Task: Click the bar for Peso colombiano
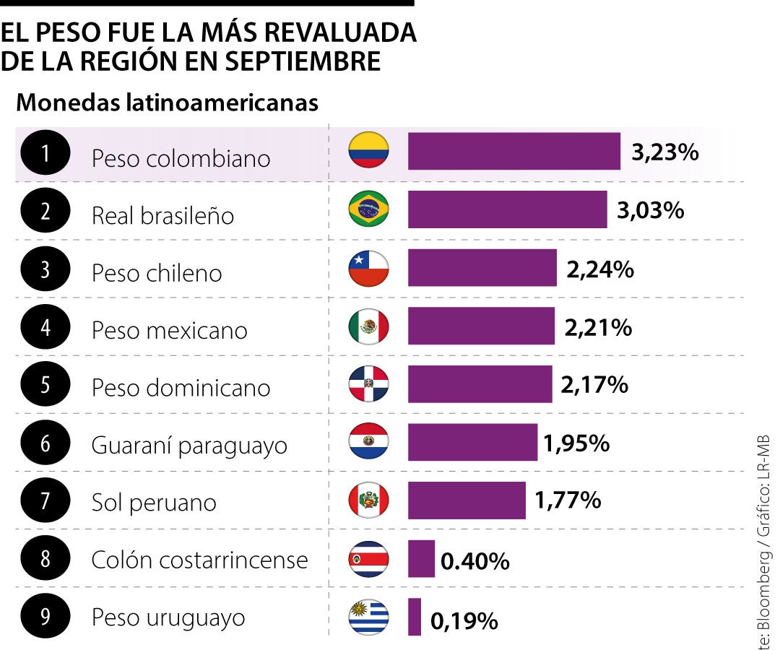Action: [513, 151]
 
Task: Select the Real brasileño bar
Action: [507, 209]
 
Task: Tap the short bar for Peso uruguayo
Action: [414, 617]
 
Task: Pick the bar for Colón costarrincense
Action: [421, 558]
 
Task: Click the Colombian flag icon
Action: [368, 151]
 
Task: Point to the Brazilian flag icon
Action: [368, 209]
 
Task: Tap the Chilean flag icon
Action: [368, 268]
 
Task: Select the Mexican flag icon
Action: [368, 326]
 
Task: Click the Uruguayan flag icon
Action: [368, 617]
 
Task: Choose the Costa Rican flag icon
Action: [368, 559]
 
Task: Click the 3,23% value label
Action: [664, 152]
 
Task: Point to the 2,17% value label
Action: [594, 385]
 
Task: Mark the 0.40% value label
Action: [474, 560]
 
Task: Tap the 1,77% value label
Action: [568, 499]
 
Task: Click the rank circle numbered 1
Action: [46, 153]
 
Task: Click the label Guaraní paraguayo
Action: [189, 445]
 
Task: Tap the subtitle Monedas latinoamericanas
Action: [167, 103]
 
